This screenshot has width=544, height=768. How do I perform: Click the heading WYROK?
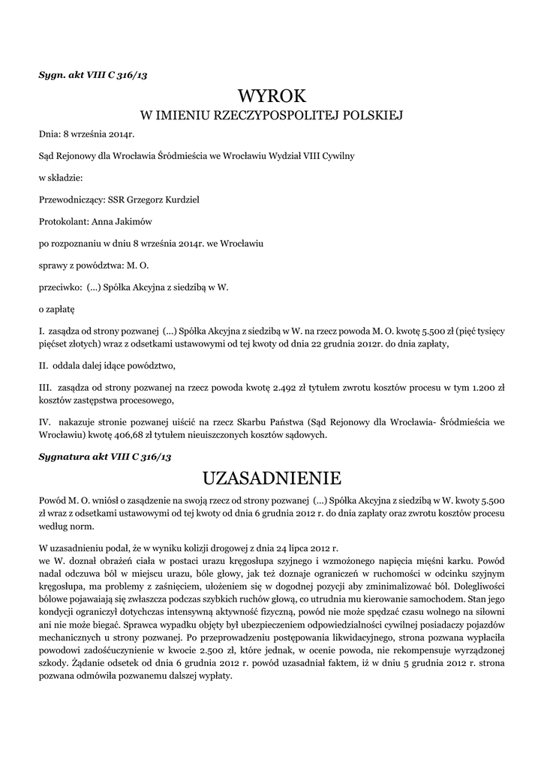pyautogui.click(x=272, y=96)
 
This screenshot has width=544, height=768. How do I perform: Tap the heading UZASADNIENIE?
pyautogui.click(x=272, y=478)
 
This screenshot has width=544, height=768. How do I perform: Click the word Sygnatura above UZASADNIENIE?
pyautogui.click(x=67, y=456)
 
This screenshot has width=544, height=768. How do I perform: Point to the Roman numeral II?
pyautogui.click(x=44, y=366)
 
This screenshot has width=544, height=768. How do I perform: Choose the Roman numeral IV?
pyautogui.click(x=45, y=422)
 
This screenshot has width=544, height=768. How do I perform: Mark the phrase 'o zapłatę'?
pyautogui.click(x=57, y=308)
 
